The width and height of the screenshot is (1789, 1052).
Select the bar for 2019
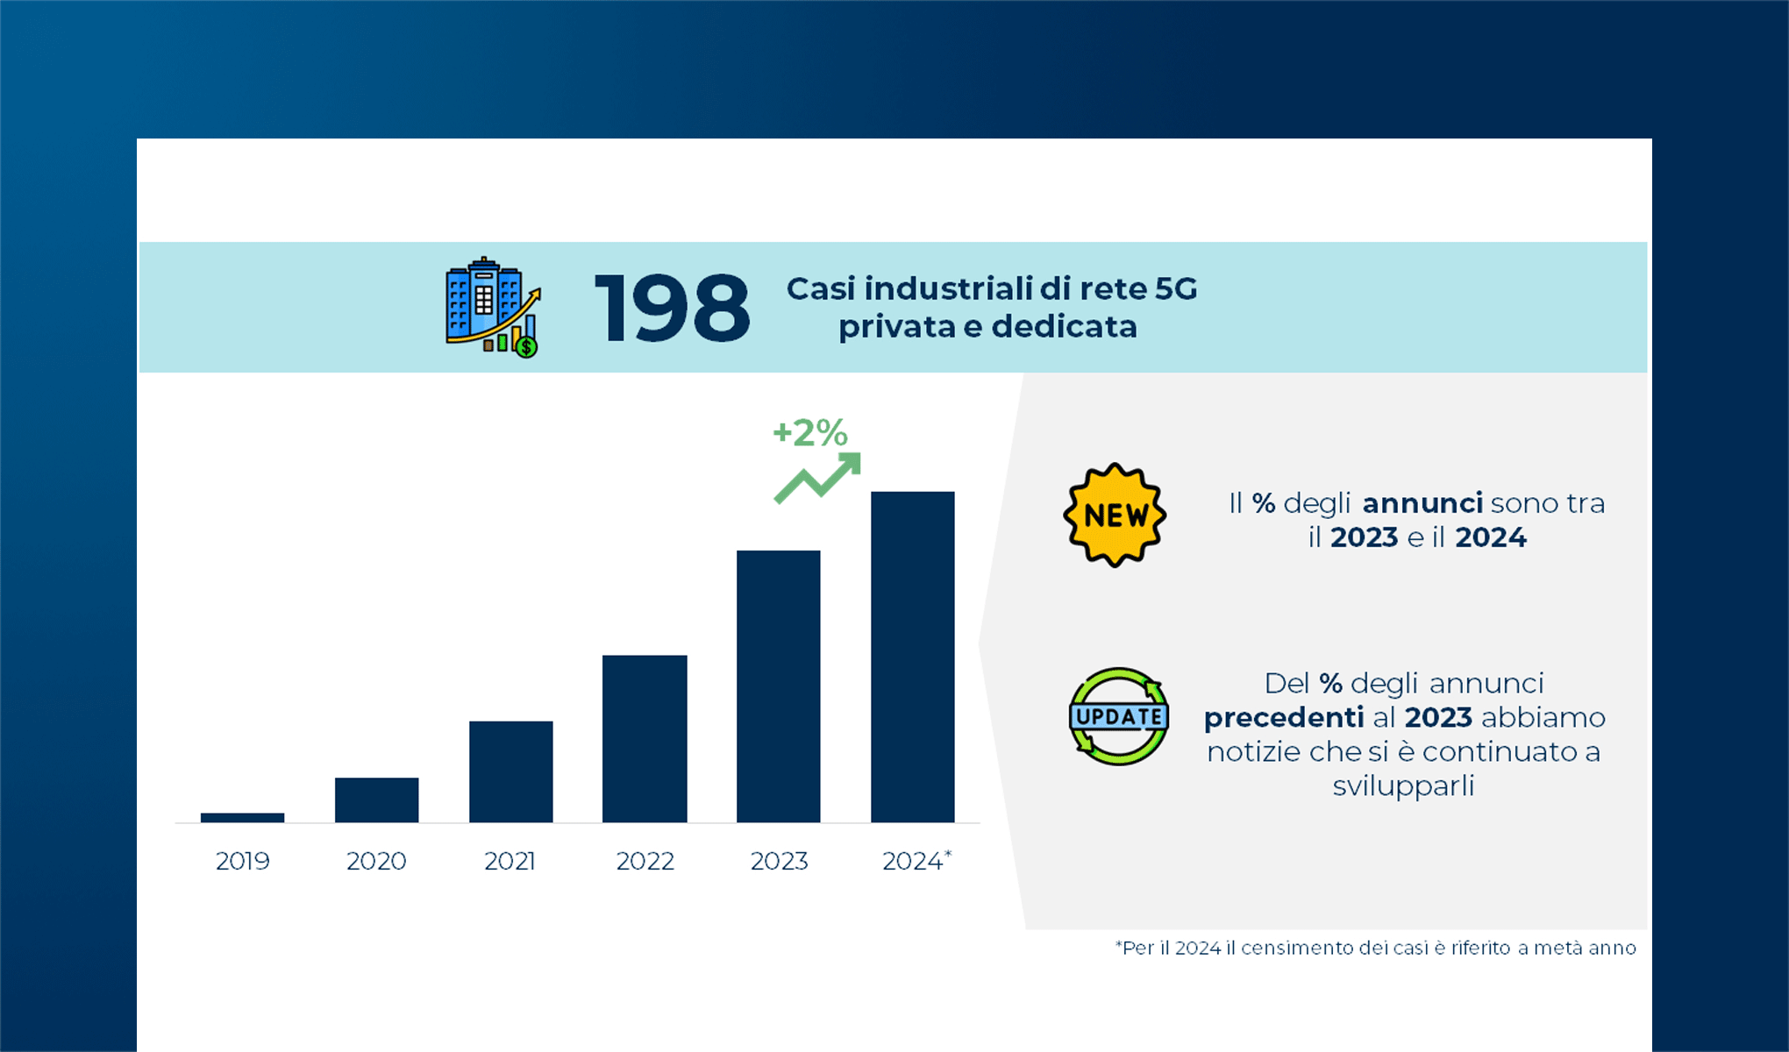(242, 818)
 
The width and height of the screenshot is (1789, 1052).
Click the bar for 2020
(376, 800)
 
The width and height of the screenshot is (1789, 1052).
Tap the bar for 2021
(510, 771)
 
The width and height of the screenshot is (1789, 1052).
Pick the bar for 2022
(645, 738)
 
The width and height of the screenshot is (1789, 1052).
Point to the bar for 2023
(778, 686)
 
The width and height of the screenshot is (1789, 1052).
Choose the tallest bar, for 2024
(912, 657)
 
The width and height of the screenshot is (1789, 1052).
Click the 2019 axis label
(242, 861)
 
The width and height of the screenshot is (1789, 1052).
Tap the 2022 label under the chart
(645, 861)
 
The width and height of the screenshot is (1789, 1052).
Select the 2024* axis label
(916, 861)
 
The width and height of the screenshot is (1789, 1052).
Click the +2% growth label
(809, 432)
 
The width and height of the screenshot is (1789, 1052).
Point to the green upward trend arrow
(817, 479)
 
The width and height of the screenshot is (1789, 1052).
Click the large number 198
(672, 308)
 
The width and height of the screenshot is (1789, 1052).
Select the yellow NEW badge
(1115, 515)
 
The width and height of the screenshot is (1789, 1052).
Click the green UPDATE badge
(1118, 716)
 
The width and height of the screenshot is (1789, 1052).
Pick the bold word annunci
(1422, 503)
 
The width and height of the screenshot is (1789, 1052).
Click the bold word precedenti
(1283, 717)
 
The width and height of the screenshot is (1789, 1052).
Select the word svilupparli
(1402, 785)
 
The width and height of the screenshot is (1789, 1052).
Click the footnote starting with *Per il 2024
(1375, 948)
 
